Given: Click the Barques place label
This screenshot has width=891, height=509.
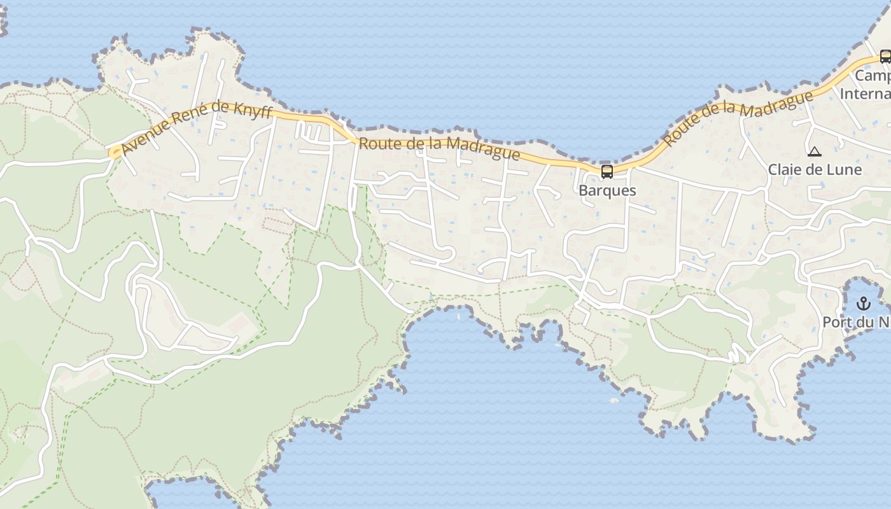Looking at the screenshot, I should point(607,190).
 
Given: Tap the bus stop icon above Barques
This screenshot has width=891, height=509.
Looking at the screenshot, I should point(607,171).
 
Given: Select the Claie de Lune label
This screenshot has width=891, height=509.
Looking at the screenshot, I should point(815,170).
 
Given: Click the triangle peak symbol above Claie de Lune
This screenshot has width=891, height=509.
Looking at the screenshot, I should point(814,152).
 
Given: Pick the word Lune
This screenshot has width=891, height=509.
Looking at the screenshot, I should point(845,170).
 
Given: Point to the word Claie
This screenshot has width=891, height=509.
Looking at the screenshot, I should point(785,170).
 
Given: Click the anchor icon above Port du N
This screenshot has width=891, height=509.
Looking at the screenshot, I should point(863,303).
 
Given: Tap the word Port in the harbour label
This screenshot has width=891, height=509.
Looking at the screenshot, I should point(837,322).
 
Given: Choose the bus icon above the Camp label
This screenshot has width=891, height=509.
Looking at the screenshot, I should point(885,56).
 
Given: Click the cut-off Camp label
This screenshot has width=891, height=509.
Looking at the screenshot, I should point(873,76).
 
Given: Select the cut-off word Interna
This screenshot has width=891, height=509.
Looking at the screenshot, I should point(866,94).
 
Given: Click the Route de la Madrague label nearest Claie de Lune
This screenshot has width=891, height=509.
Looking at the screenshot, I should point(738,119).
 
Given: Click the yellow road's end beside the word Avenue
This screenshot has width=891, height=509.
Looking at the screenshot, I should point(114,153).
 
